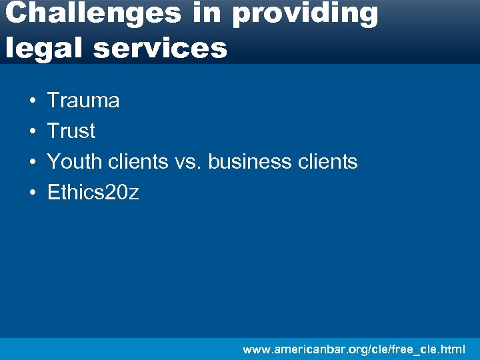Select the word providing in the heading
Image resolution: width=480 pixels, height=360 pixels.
coord(305,15)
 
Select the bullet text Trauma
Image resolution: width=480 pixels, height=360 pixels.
coord(83,101)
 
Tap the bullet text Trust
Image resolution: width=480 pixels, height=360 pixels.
coord(71,131)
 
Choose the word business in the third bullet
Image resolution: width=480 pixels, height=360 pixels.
coord(250,161)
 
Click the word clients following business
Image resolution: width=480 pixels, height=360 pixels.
coord(327,161)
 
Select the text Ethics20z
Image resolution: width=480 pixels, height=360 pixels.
coord(93,193)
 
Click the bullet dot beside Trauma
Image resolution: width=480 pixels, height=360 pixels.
coord(32,101)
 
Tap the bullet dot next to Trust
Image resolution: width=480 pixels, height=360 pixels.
coord(32,132)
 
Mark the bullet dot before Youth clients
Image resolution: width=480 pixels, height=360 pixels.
coord(32,162)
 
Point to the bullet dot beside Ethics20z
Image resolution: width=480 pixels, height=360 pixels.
coord(32,193)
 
